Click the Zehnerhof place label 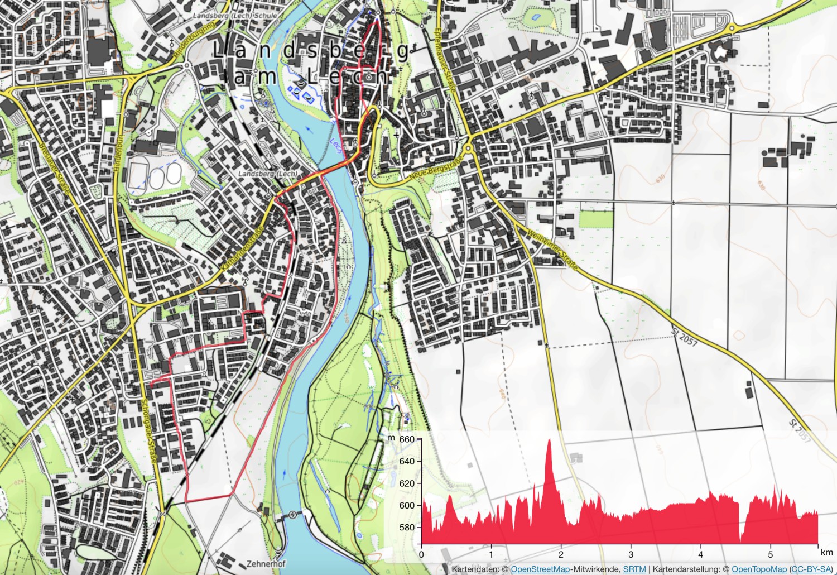click(266, 564)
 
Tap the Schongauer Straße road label click(148, 430)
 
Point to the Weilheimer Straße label click(552, 250)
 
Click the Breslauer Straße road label click(54, 168)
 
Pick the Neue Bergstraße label click(436, 168)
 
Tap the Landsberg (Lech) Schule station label click(235, 16)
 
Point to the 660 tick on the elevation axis click(407, 439)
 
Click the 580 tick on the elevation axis click(407, 527)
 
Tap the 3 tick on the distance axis click(631, 554)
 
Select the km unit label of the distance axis click(826, 552)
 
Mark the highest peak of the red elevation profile click(549, 441)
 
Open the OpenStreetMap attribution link click(540, 569)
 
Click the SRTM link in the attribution click(634, 569)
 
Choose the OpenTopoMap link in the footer click(759, 569)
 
